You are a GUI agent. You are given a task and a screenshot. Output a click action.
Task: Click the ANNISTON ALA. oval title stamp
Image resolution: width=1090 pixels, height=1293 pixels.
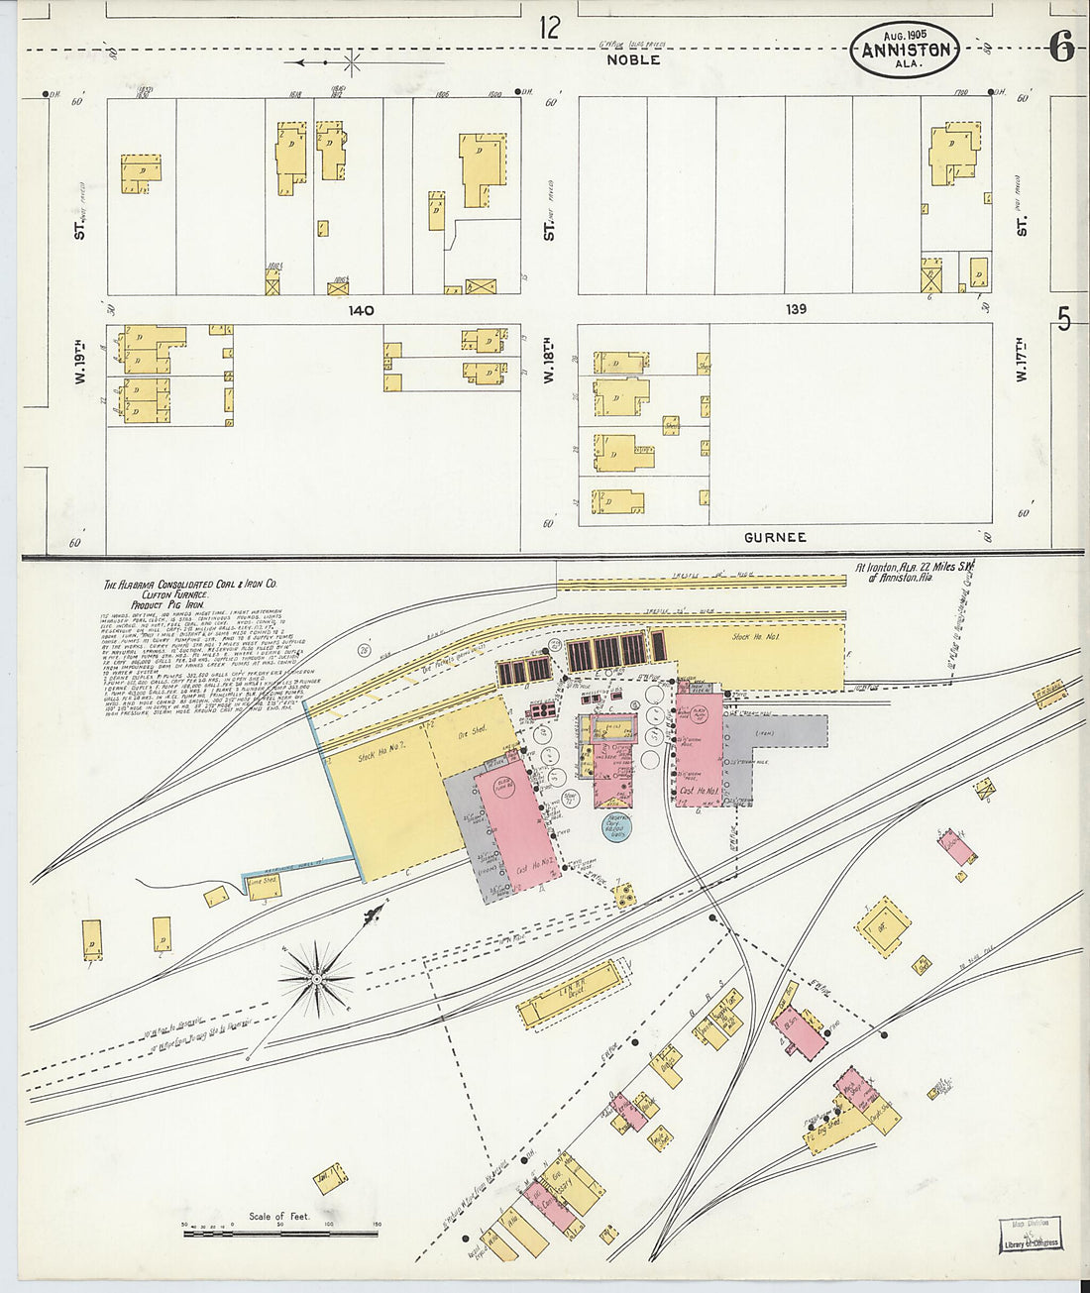[x=905, y=51]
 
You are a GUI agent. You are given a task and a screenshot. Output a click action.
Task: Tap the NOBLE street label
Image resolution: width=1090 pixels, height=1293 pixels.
[x=633, y=60]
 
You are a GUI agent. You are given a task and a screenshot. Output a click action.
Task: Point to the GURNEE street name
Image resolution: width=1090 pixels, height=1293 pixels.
[x=775, y=537]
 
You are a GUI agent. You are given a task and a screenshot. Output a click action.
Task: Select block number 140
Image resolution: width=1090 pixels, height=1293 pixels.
[x=361, y=310]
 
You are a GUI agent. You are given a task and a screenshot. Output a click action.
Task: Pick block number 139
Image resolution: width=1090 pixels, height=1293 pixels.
[x=796, y=309]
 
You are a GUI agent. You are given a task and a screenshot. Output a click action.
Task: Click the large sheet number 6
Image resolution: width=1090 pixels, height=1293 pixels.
[x=1061, y=47]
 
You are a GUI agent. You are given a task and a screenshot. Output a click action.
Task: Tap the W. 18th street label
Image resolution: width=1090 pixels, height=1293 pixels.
[x=548, y=362]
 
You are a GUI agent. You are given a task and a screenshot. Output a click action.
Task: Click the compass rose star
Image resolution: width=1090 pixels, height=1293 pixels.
[x=316, y=979]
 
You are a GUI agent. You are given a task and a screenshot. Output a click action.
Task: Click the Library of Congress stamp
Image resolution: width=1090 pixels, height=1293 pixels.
[x=1030, y=1235]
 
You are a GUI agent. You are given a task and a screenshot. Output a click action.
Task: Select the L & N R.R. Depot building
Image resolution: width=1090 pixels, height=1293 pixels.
[x=569, y=994]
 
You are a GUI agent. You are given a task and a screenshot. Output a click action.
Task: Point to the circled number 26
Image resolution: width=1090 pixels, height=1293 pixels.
[x=363, y=650]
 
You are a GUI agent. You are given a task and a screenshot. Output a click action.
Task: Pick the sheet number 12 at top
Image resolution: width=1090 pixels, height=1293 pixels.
[x=549, y=28]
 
